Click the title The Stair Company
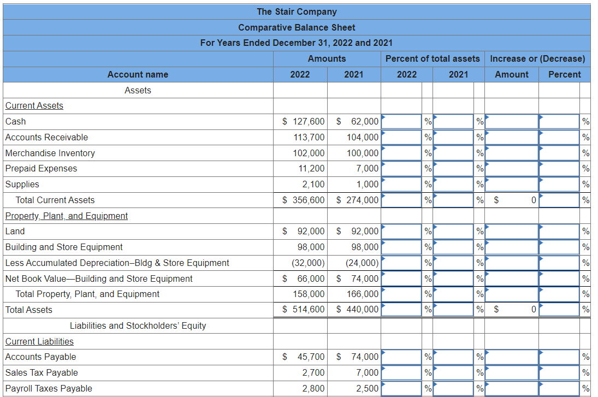297,12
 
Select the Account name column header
138,74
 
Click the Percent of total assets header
433,59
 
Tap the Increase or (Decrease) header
537,59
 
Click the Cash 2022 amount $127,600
303,121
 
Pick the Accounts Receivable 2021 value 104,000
362,137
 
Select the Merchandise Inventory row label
50,153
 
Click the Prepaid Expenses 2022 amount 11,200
311,168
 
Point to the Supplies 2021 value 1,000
368,184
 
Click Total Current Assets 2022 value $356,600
303,200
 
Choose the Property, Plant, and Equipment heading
67,216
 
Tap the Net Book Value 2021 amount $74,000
357,279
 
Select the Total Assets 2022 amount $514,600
303,309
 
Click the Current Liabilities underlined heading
39,341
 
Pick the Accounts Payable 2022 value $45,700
303,357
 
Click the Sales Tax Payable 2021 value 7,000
368,372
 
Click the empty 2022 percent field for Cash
401,122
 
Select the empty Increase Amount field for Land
511,232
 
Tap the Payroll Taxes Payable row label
49,388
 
